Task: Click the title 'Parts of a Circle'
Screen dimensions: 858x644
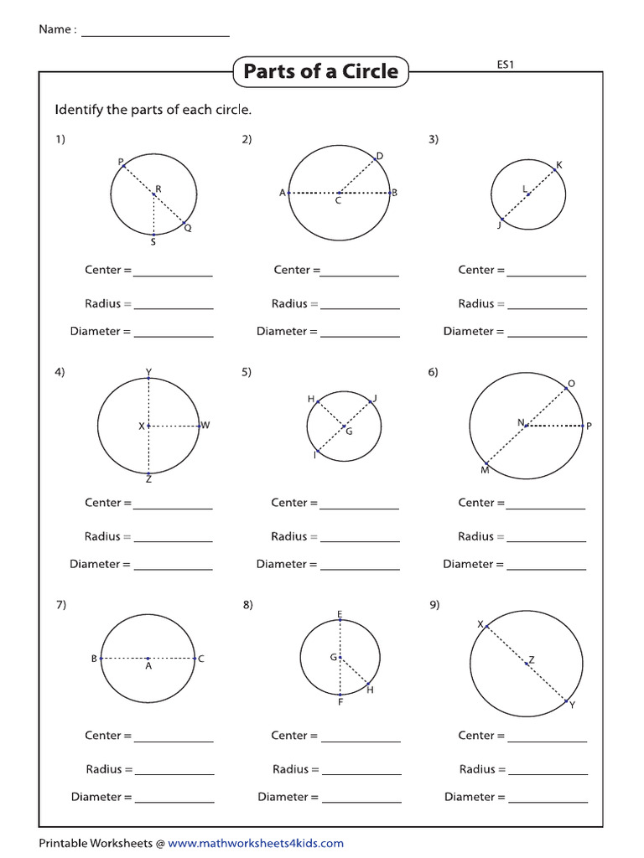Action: pyautogui.click(x=321, y=72)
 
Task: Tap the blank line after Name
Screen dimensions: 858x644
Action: pyautogui.click(x=155, y=33)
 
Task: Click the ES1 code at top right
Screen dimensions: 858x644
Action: pyautogui.click(x=505, y=64)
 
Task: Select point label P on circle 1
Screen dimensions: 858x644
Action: pyautogui.click(x=121, y=162)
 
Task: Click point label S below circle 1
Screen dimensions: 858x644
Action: pyautogui.click(x=153, y=243)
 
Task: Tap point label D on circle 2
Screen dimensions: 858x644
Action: pyautogui.click(x=379, y=157)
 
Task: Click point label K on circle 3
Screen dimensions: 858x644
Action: pyautogui.click(x=558, y=165)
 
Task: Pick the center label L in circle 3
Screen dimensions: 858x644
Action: pyautogui.click(x=525, y=189)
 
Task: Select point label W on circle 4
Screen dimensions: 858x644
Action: pyautogui.click(x=205, y=426)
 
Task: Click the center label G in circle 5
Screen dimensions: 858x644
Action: pyautogui.click(x=349, y=432)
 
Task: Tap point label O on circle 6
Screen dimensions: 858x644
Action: pyautogui.click(x=571, y=385)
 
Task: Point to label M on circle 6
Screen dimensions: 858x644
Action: pyautogui.click(x=484, y=470)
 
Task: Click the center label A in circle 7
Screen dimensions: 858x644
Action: pyautogui.click(x=148, y=667)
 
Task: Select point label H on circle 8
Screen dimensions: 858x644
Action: pyautogui.click(x=370, y=690)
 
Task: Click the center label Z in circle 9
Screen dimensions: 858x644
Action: pyautogui.click(x=532, y=660)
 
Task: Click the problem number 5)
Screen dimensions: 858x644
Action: pyautogui.click(x=247, y=372)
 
